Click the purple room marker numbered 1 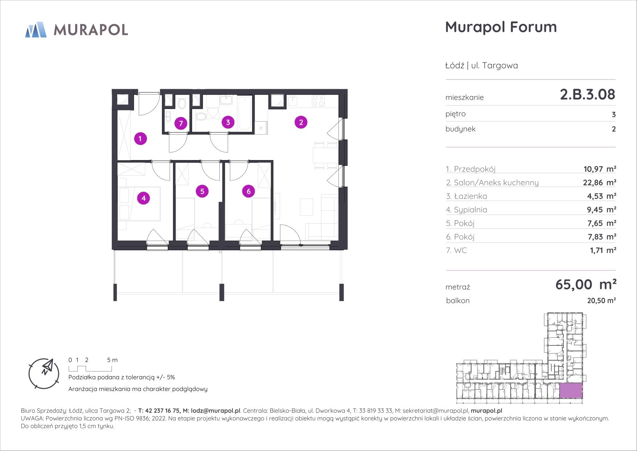tap(140, 139)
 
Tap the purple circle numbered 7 tap(181, 124)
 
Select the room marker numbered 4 tap(144, 198)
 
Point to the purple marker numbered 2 tap(301, 122)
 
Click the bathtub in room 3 tap(245, 113)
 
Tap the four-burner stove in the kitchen tap(318, 100)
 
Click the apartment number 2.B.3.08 tap(588, 95)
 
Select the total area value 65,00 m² tap(585, 284)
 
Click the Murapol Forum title tap(501, 27)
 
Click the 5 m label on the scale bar tap(113, 360)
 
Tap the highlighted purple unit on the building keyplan tap(571, 391)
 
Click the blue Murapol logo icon tap(36, 29)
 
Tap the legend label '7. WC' tap(457, 250)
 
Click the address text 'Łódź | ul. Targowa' tap(482, 65)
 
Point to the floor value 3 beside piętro tap(614, 115)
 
